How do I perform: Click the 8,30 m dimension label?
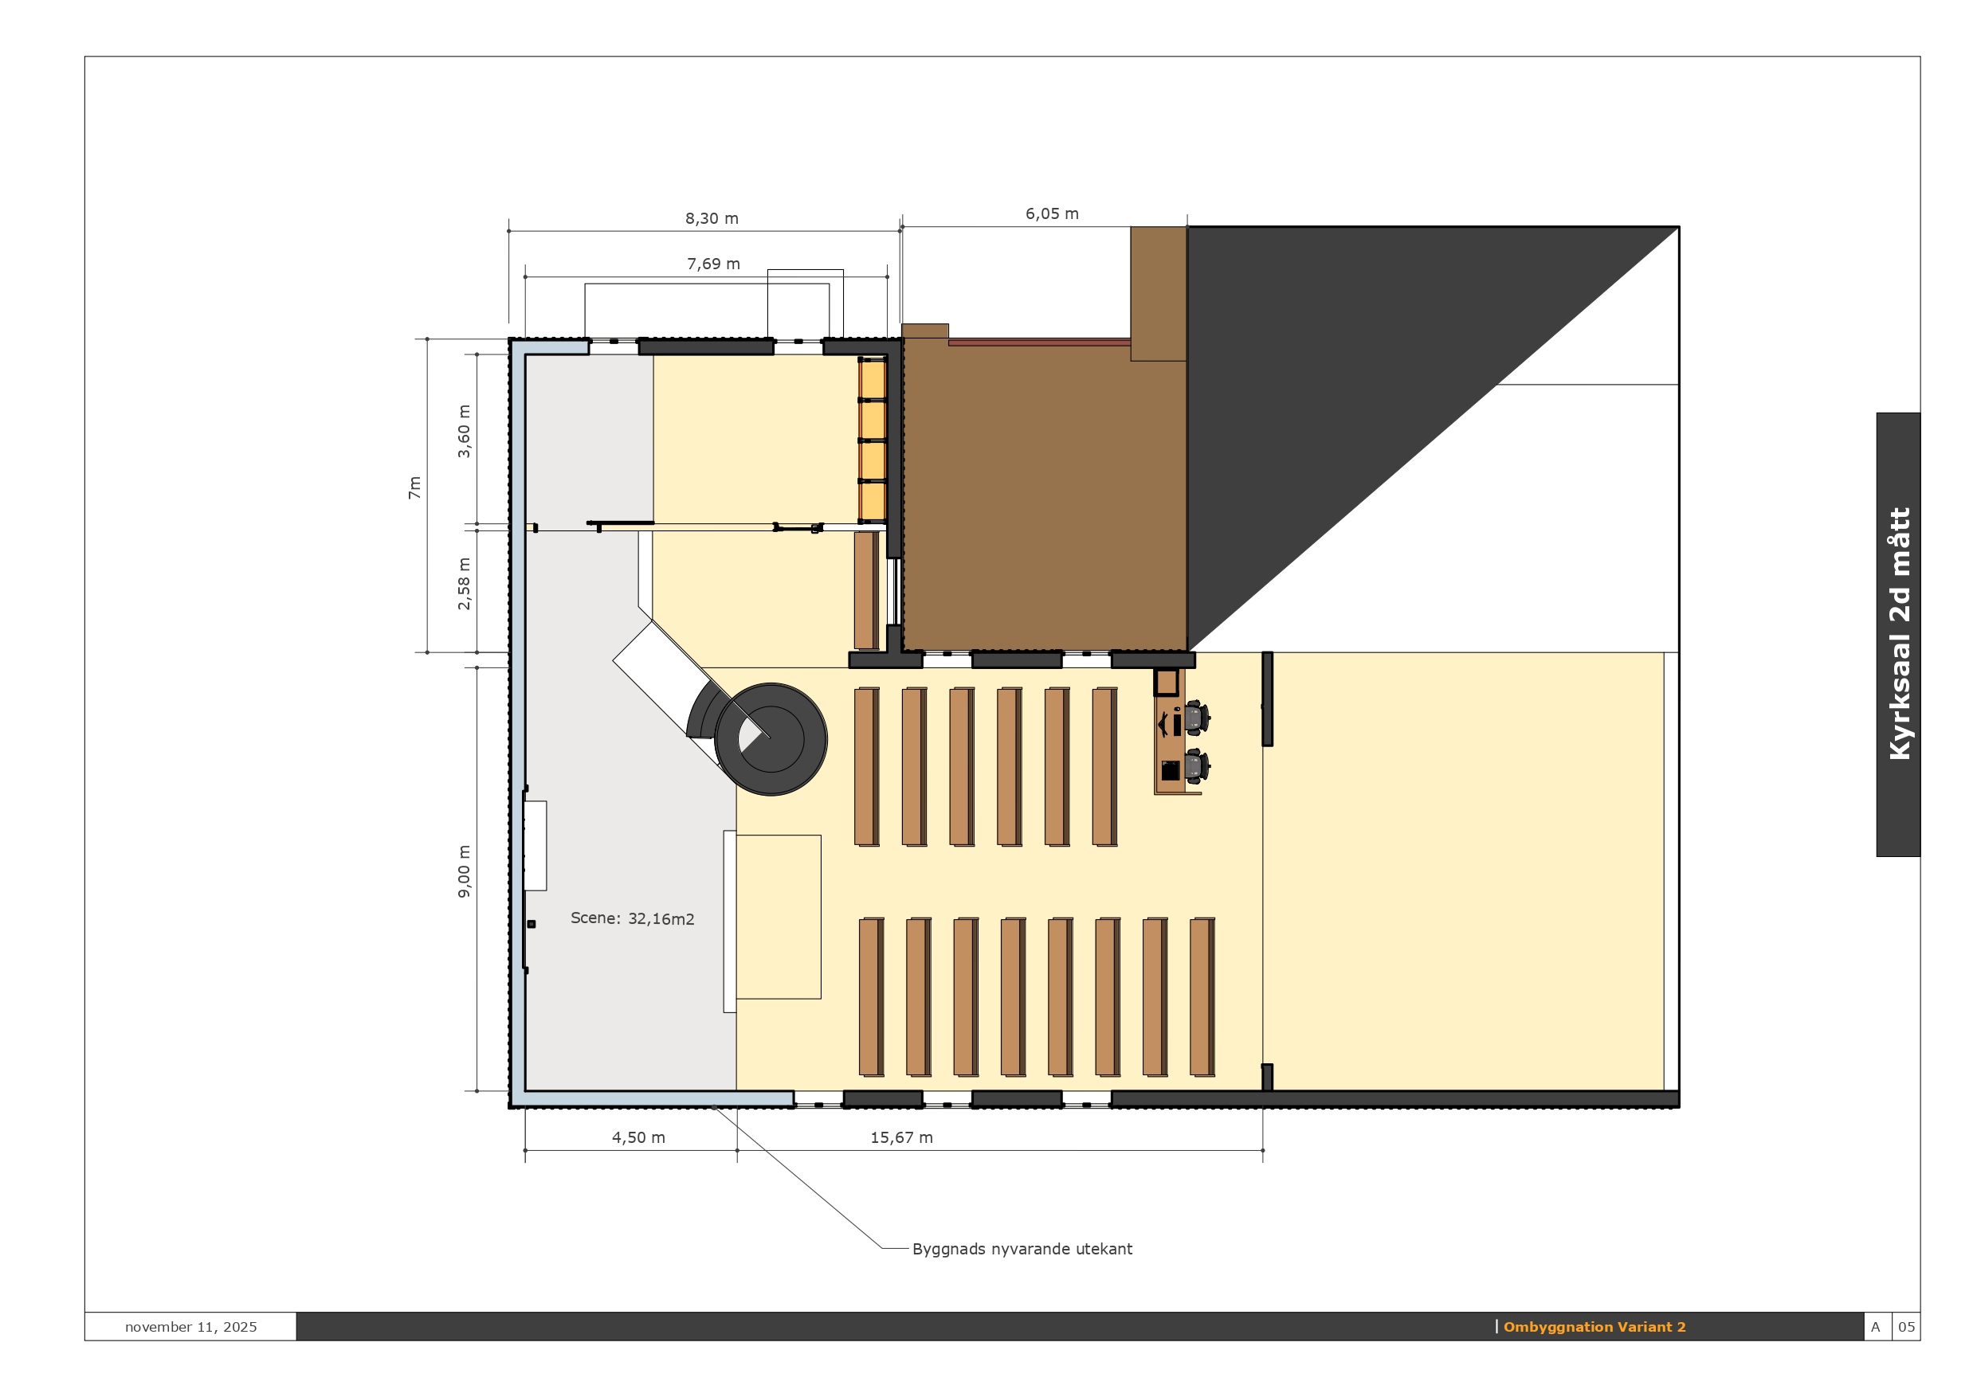pyautogui.click(x=712, y=219)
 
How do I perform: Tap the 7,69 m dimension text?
pyautogui.click(x=713, y=264)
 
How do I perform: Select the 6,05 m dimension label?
pyautogui.click(x=1051, y=213)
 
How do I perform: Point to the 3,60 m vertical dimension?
pyautogui.click(x=464, y=431)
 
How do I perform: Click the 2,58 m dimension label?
pyautogui.click(x=464, y=584)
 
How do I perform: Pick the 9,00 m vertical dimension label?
pyautogui.click(x=464, y=871)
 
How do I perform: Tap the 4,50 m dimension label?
pyautogui.click(x=638, y=1138)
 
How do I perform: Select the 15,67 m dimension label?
pyautogui.click(x=901, y=1138)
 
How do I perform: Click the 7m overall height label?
pyautogui.click(x=415, y=488)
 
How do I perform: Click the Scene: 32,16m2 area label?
pyautogui.click(x=632, y=918)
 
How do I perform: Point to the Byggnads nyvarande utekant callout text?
pyautogui.click(x=1022, y=1249)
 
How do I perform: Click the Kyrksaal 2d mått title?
pyautogui.click(x=1899, y=633)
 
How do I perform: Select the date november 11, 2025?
pyautogui.click(x=191, y=1327)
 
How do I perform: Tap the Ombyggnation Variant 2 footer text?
pyautogui.click(x=1595, y=1327)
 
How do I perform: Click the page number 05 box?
pyautogui.click(x=1906, y=1327)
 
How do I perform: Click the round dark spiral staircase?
pyautogui.click(x=771, y=738)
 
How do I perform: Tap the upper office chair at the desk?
pyautogui.click(x=1197, y=717)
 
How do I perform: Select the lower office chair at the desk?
pyautogui.click(x=1197, y=765)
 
